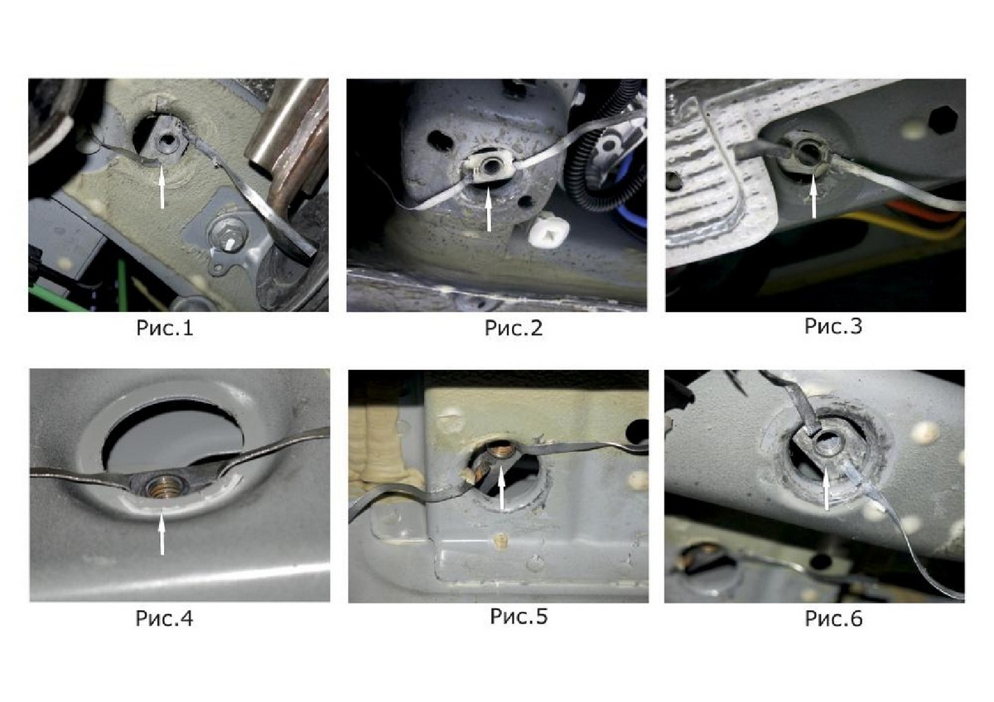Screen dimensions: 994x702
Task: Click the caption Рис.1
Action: point(165,328)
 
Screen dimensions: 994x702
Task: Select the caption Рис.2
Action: point(514,328)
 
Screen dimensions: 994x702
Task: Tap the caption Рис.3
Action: point(833,326)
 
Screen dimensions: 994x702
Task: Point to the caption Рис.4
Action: point(164,618)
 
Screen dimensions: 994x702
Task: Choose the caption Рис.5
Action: point(519,617)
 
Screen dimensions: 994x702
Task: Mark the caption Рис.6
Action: point(833,618)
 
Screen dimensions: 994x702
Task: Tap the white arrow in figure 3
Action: point(813,196)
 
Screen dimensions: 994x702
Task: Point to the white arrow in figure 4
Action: point(162,532)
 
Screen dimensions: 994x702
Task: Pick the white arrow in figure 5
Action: point(501,488)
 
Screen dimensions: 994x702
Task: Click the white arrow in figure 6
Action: point(826,488)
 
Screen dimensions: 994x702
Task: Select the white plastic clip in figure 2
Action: point(548,232)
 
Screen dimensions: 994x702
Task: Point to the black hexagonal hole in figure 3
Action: point(943,120)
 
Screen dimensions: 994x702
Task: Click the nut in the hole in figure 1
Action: point(167,140)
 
